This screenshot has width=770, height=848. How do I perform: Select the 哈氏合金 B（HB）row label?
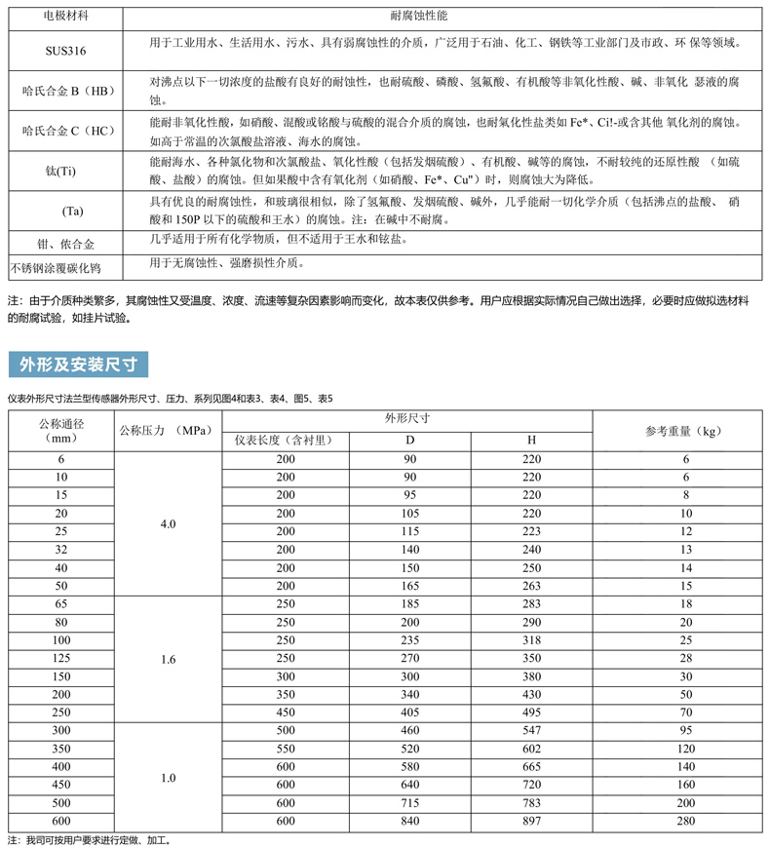coord(68,92)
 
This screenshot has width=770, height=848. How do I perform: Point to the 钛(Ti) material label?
coord(60,172)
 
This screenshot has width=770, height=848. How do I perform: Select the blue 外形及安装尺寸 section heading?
coord(78,364)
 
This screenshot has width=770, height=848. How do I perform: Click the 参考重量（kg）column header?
coord(682,430)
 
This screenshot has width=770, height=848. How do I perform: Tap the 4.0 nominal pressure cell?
coord(169,524)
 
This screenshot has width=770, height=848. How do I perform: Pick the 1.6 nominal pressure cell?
coord(169,660)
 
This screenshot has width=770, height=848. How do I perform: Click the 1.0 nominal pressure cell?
coord(169,777)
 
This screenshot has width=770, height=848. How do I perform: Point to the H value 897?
coord(531,822)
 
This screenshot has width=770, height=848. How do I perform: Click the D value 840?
coord(409,822)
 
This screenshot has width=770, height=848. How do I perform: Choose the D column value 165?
coord(409,586)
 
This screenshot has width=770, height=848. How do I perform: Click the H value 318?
coord(531,640)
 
